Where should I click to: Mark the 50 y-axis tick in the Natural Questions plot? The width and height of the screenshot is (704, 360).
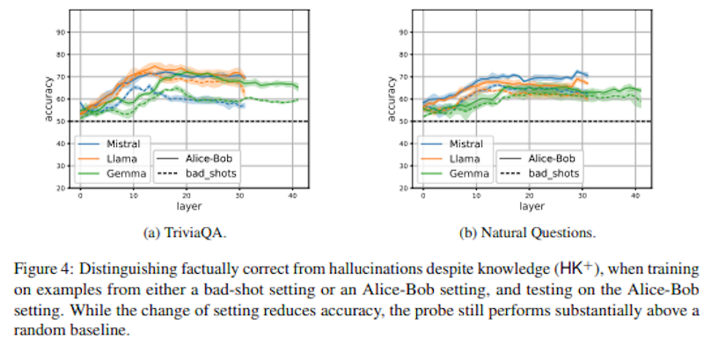pos(405,121)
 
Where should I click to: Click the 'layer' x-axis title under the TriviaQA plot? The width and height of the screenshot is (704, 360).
pos(187,208)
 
